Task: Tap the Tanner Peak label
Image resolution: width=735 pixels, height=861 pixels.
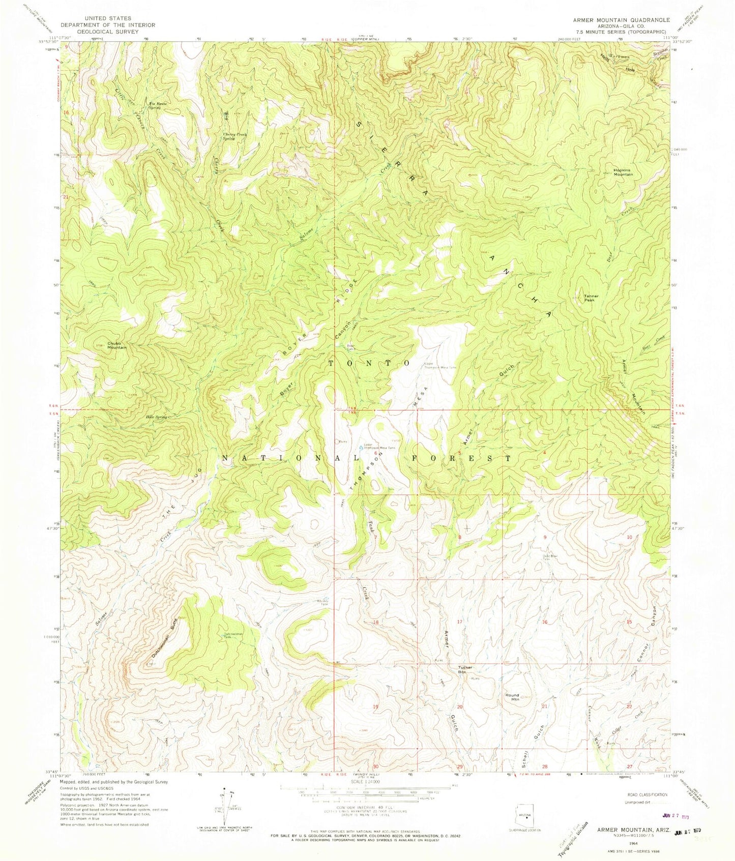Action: pyautogui.click(x=591, y=298)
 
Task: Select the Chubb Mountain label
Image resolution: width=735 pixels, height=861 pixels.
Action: pyautogui.click(x=116, y=344)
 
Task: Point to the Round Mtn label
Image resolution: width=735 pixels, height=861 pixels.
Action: pyautogui.click(x=512, y=697)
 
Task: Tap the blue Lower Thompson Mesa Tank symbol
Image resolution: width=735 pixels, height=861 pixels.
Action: pyautogui.click(x=362, y=448)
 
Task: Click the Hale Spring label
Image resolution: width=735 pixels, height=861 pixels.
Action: pyautogui.click(x=156, y=417)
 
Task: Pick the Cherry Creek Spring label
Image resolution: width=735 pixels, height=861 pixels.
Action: pyautogui.click(x=235, y=136)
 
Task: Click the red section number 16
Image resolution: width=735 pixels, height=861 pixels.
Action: pyautogui.click(x=544, y=622)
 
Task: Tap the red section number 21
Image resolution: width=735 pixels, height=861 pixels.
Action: pyautogui.click(x=544, y=706)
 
